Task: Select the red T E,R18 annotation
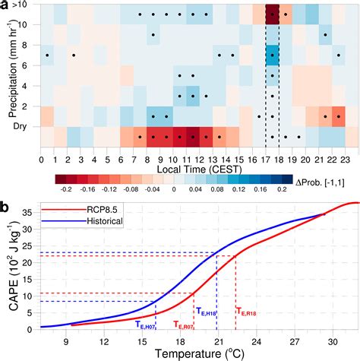245,311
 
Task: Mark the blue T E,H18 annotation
207,311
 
